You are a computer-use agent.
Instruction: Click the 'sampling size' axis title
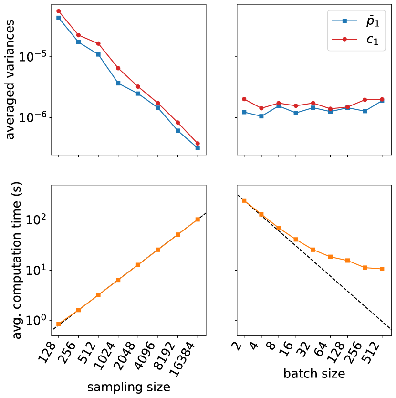pyautogui.click(x=129, y=387)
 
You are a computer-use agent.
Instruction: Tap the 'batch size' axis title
pyautogui.click(x=314, y=374)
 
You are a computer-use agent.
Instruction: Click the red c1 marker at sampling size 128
pyautogui.click(x=58, y=11)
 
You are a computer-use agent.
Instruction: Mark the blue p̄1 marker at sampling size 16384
pyautogui.click(x=198, y=148)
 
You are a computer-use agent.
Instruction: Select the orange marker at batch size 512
pyautogui.click(x=382, y=269)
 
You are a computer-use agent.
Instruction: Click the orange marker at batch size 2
pyautogui.click(x=244, y=200)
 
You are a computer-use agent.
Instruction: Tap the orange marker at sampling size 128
pyautogui.click(x=58, y=324)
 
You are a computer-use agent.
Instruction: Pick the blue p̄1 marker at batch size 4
pyautogui.click(x=261, y=116)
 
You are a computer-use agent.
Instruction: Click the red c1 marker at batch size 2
pyautogui.click(x=244, y=99)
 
